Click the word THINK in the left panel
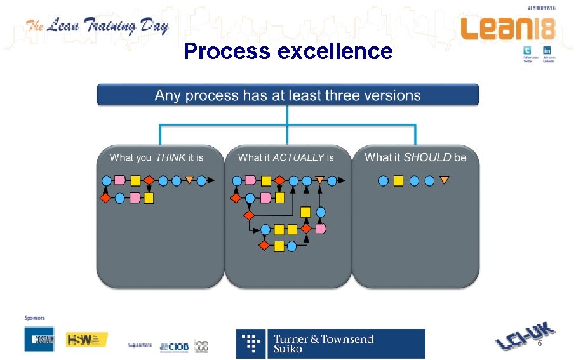170,157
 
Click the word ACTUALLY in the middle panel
298,157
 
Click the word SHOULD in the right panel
427,157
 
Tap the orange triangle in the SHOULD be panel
444,180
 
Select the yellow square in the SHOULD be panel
398,181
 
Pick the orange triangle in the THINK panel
189,180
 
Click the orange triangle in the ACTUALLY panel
319,180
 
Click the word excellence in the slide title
335,51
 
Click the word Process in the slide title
227,51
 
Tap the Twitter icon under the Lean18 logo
526,51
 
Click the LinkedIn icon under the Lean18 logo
546,51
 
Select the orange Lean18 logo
507,29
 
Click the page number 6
540,343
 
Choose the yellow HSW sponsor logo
87,340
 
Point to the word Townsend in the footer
347,338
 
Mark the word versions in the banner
394,96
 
